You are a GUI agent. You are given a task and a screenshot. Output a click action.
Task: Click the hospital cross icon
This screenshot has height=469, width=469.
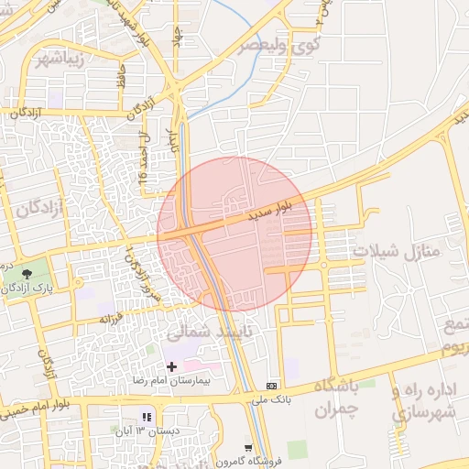[x=171, y=366]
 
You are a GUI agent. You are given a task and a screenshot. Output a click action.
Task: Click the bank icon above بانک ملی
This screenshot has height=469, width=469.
[x=271, y=386]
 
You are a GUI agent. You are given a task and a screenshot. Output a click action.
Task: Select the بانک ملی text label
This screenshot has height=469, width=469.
[x=271, y=398]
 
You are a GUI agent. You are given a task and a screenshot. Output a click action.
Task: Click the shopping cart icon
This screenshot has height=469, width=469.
[x=249, y=448]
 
